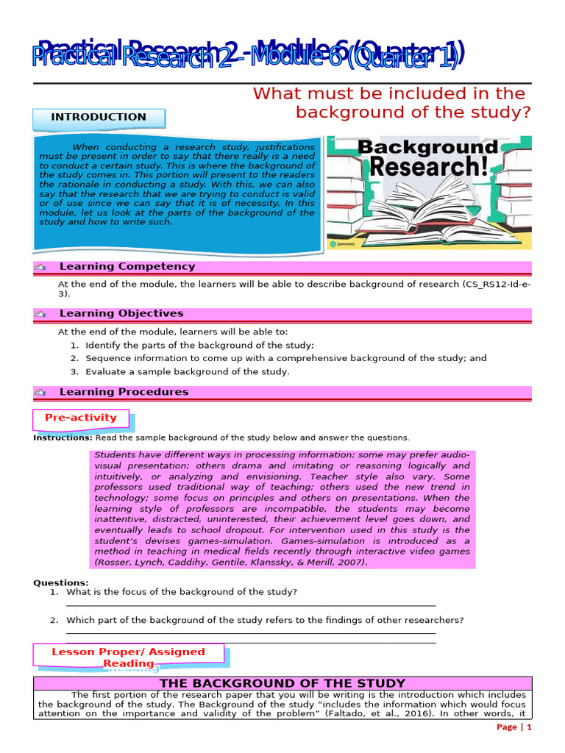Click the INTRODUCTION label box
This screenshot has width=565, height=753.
[99, 117]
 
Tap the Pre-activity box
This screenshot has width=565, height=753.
[81, 418]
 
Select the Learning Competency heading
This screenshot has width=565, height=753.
[127, 267]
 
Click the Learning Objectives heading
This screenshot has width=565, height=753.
[121, 313]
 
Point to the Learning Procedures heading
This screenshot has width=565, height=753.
[124, 392]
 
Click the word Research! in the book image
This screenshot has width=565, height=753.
[428, 166]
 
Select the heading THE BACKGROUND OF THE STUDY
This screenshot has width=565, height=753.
[282, 684]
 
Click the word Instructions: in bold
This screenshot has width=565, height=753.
[63, 438]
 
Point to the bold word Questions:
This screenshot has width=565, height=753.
[61, 582]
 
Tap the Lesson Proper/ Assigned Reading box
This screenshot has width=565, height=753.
[128, 657]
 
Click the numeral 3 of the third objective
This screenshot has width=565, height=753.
[74, 372]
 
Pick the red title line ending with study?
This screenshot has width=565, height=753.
[413, 113]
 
